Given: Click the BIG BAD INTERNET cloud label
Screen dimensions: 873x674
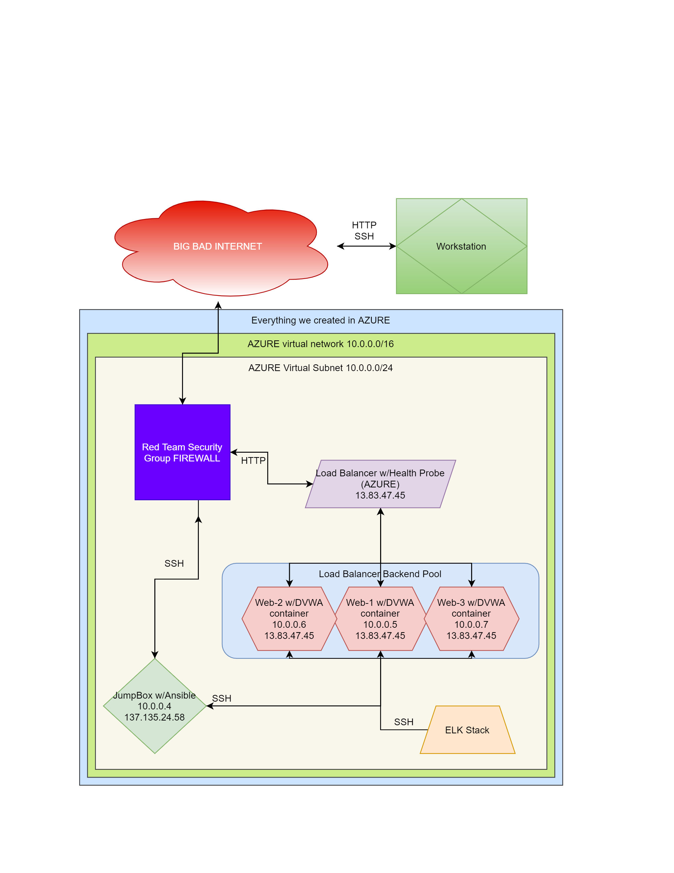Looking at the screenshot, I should (x=218, y=246).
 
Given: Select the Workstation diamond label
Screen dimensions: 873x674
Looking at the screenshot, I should (x=461, y=246).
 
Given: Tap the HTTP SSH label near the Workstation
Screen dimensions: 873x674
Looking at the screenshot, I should (x=364, y=231).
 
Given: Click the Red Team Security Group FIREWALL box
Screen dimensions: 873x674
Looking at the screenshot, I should (x=182, y=452).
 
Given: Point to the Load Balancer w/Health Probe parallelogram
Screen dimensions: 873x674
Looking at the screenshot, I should (x=380, y=484).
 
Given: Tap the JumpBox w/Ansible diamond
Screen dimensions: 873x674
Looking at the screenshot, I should (x=155, y=706).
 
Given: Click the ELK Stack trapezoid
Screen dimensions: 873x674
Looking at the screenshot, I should (x=467, y=730).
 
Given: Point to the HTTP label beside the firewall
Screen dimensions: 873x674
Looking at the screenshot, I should (x=253, y=460).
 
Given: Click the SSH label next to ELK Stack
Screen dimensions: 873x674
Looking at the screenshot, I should (x=404, y=722).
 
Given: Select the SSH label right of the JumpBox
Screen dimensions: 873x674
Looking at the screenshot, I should (x=222, y=698).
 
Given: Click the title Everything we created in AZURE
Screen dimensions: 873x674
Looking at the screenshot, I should (x=320, y=320).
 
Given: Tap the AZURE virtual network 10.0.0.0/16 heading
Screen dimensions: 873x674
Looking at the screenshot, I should (x=320, y=344).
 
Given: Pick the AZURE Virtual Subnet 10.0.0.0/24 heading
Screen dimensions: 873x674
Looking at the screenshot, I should (x=320, y=368).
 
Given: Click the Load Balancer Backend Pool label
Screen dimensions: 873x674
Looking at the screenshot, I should (x=380, y=574).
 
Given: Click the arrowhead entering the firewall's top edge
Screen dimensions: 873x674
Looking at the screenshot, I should (x=182, y=401).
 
